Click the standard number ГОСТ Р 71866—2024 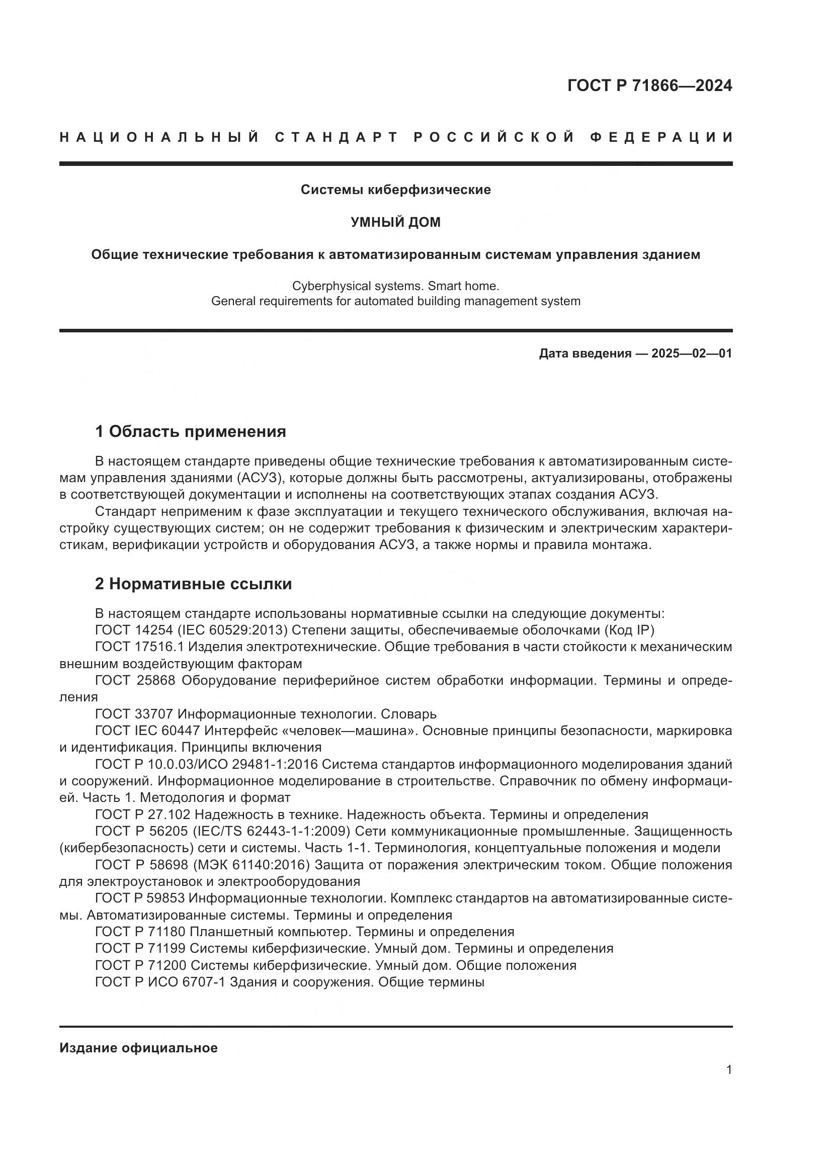coord(649,85)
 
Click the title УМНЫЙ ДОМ coord(395,222)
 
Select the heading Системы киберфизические coord(395,190)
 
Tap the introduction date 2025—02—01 coord(692,353)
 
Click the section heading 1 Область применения coord(190,432)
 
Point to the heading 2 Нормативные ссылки coord(193,584)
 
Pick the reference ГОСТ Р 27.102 coord(142,815)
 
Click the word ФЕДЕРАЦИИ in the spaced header coord(661,137)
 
